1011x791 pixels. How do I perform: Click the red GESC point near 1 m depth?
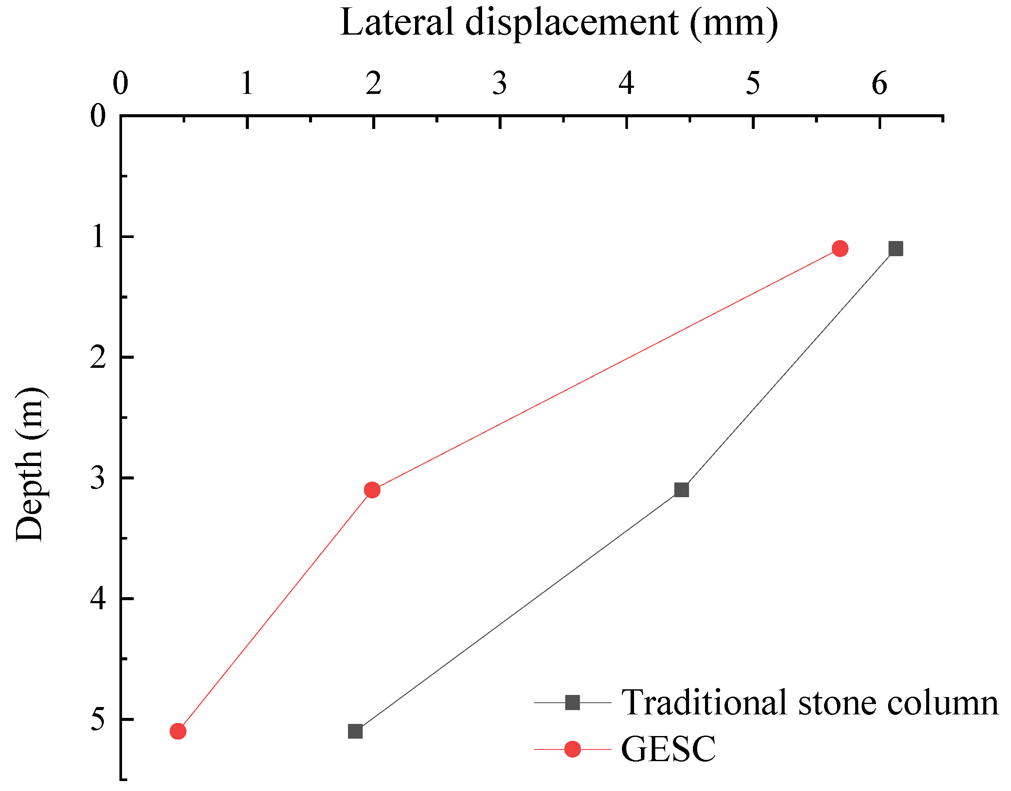[x=840, y=249]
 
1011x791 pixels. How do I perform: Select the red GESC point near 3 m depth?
[x=372, y=489]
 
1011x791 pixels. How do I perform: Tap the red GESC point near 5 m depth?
[x=178, y=731]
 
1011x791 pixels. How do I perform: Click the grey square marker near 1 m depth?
[x=896, y=249]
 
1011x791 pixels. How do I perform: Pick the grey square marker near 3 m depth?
[x=681, y=489]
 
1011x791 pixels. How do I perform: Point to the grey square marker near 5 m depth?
[x=355, y=731]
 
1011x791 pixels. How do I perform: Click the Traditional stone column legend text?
[x=810, y=703]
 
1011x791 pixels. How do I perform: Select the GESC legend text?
[x=668, y=749]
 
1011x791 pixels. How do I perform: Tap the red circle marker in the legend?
[x=573, y=749]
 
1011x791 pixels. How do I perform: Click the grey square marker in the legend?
[x=573, y=703]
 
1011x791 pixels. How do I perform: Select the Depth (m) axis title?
[x=29, y=464]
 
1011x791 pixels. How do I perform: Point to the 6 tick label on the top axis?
[x=879, y=84]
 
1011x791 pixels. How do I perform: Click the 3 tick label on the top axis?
[x=500, y=84]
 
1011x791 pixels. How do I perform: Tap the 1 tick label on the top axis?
[x=247, y=84]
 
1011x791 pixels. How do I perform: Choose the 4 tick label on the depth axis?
[x=98, y=599]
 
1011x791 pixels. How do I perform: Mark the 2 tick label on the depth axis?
[x=98, y=357]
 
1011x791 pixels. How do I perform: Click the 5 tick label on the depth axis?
[x=98, y=719]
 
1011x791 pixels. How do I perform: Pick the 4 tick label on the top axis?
[x=626, y=84]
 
